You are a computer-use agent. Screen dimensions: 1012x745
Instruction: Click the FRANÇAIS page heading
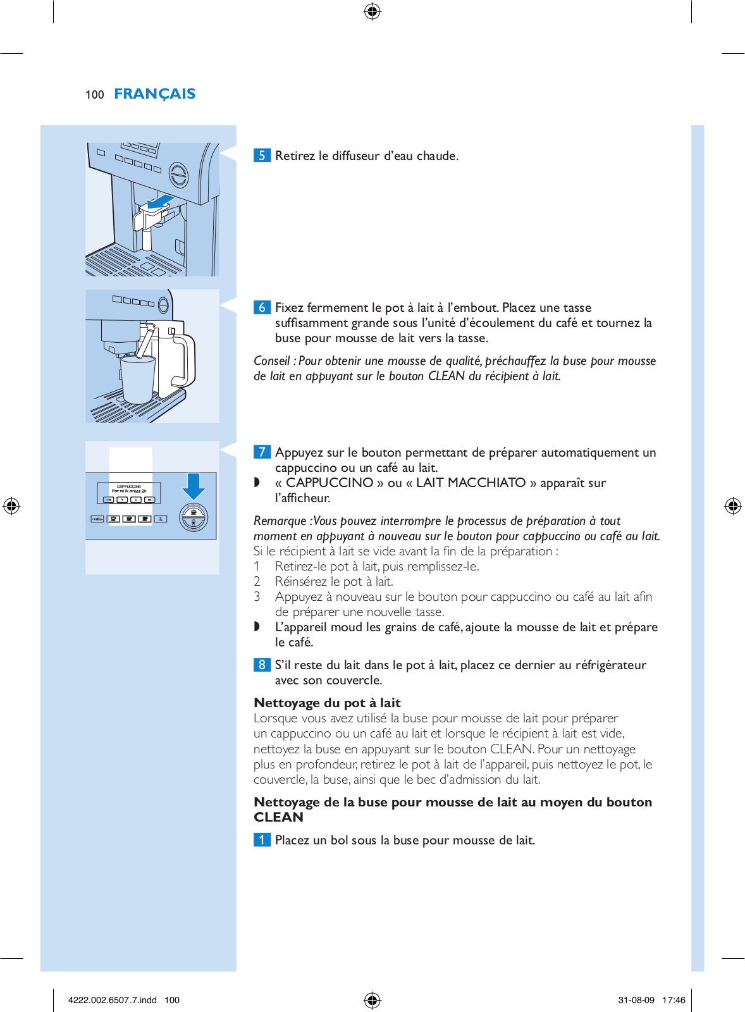click(x=154, y=94)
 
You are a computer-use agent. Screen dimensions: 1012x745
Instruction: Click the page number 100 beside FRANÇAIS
click(x=94, y=95)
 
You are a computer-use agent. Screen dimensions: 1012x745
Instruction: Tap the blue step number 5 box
click(x=262, y=156)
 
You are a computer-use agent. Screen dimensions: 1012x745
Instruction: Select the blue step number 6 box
click(x=262, y=307)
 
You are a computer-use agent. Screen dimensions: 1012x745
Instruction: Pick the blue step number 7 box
click(x=262, y=452)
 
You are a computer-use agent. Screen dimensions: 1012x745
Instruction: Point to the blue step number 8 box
click(x=262, y=665)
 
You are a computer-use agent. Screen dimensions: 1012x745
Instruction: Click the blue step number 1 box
click(x=262, y=840)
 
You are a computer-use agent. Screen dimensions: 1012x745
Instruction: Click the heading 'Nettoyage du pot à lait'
click(x=327, y=703)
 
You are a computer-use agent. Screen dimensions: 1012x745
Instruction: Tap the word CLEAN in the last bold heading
click(x=278, y=817)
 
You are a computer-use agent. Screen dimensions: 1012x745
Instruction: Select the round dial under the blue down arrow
click(x=194, y=517)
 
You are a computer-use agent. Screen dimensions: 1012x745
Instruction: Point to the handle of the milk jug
click(x=184, y=361)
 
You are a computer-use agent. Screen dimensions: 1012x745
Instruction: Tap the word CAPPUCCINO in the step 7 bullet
click(x=329, y=483)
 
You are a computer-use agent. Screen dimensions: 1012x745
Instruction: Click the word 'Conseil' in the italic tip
click(x=271, y=361)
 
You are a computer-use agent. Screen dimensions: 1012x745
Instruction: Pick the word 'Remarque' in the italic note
click(x=280, y=521)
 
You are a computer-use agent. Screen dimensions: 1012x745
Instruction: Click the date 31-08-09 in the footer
click(x=636, y=1000)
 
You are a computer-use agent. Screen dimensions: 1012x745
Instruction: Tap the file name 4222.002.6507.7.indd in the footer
click(x=112, y=1000)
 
